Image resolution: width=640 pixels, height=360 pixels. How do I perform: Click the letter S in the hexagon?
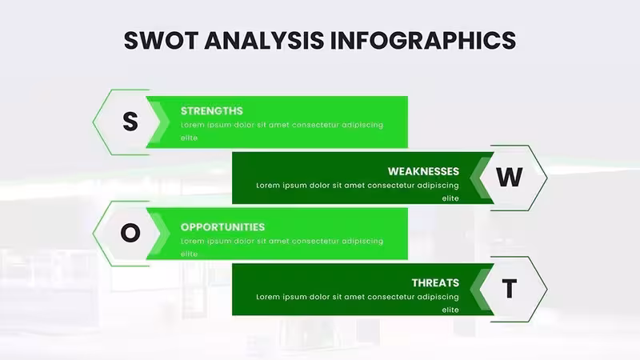click(130, 122)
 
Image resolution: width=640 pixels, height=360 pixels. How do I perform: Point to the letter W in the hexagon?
click(510, 177)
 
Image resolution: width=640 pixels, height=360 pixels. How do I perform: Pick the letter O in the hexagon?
click(130, 233)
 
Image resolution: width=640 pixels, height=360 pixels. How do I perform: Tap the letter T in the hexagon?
click(510, 289)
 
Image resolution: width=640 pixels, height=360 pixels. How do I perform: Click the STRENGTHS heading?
click(212, 111)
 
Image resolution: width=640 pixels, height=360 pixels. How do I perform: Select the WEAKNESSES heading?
click(423, 171)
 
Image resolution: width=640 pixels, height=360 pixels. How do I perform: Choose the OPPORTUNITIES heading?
click(223, 227)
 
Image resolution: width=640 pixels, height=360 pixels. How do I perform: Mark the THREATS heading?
click(435, 283)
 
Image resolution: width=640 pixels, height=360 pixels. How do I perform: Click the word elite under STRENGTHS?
click(190, 138)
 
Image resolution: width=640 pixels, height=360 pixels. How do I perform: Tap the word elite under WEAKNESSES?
click(450, 198)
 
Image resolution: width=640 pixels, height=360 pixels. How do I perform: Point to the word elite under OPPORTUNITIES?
click(190, 254)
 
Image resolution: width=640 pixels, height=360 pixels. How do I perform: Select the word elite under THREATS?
click(450, 310)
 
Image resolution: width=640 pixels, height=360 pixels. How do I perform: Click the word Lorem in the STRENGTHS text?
click(193, 125)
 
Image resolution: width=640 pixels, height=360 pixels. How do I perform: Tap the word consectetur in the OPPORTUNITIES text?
click(315, 242)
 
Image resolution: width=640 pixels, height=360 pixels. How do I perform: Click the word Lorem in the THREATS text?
click(268, 297)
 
